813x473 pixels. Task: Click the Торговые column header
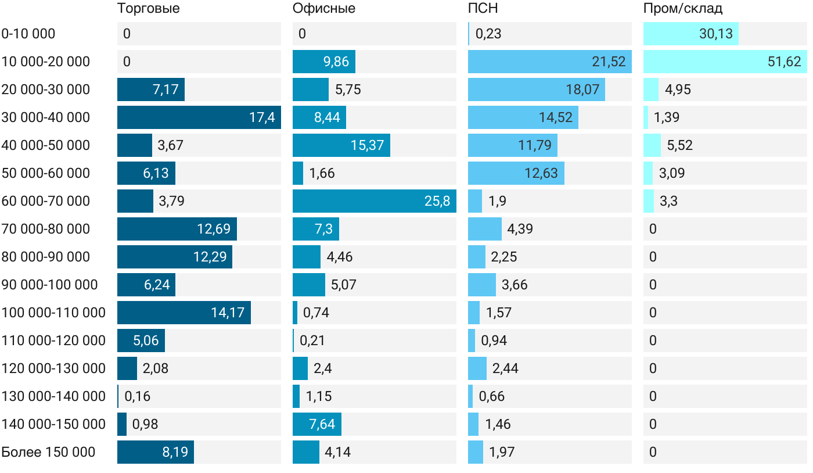point(148,9)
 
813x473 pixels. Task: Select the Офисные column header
point(324,9)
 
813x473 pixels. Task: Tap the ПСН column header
point(483,9)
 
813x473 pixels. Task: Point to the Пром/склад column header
point(683,9)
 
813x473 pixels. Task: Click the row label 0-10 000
point(28,34)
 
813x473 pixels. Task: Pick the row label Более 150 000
point(48,452)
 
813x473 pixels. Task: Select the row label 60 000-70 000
point(46,201)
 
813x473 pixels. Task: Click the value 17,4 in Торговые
point(262,117)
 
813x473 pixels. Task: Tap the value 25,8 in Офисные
point(437,201)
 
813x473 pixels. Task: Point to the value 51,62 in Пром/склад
point(784,62)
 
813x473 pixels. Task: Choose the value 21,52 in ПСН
point(609,62)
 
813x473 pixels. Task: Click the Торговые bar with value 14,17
point(184,313)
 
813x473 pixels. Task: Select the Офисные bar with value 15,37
point(341,145)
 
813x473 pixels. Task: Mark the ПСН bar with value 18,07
point(537,89)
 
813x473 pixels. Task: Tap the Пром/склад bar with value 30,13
point(691,34)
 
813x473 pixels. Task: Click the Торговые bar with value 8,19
point(156,452)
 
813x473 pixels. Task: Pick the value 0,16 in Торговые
point(137,396)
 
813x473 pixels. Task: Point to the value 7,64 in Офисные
point(322,424)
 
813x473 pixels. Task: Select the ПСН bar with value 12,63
point(516,173)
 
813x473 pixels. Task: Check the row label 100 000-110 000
point(53,313)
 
